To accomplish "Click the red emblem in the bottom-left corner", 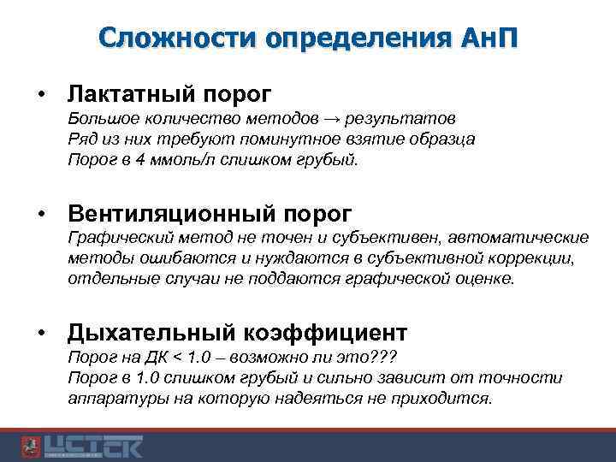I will point(29,446).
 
